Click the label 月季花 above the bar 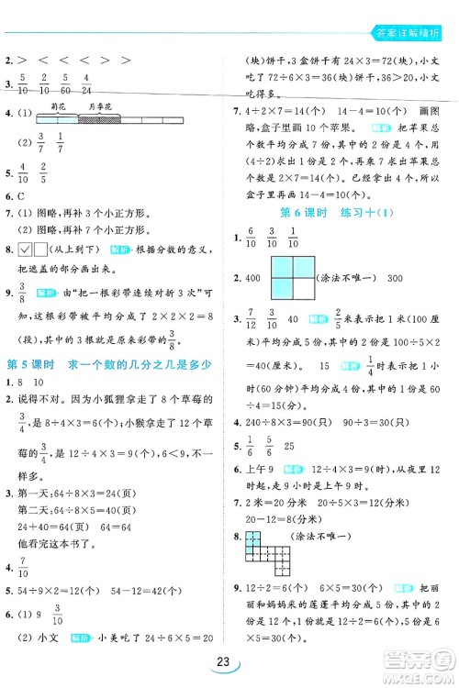point(99,107)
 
